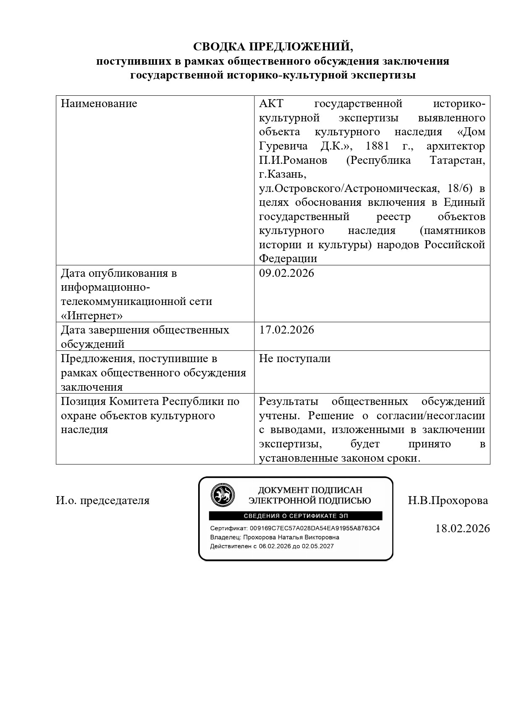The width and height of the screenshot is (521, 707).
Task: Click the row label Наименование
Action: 99,104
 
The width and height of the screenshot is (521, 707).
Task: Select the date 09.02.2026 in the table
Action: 286,273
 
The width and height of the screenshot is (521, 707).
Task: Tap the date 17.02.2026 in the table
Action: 286,330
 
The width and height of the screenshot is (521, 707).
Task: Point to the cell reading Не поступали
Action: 295,358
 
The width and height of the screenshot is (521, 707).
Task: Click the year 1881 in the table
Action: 378,146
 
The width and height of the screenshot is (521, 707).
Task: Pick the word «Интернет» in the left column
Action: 92,315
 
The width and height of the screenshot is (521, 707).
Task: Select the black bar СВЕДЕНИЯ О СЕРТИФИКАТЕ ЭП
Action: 296,516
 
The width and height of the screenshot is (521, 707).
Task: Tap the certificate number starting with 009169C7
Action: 314,528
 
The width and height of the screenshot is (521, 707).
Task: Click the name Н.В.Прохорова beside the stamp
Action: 448,500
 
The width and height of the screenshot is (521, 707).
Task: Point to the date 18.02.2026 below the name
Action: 462,528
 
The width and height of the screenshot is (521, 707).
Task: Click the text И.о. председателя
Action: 103,500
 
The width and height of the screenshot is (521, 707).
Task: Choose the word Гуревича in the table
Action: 283,146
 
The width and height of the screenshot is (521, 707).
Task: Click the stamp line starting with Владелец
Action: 275,537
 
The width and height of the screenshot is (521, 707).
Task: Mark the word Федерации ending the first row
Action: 288,258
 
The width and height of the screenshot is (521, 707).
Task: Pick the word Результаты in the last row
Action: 288,401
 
